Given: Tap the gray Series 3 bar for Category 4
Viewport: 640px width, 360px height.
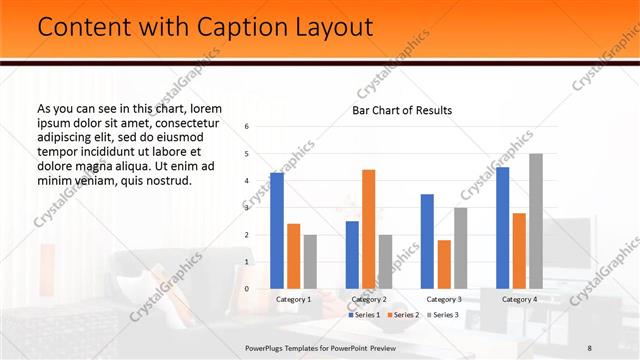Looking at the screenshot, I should (536, 221).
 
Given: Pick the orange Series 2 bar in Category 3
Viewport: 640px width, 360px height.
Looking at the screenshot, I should (444, 264).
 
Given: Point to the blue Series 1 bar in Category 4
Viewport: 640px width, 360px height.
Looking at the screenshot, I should (502, 228).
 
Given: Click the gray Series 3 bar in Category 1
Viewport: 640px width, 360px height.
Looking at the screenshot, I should (310, 262).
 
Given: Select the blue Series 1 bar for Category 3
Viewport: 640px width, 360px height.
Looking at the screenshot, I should (427, 241).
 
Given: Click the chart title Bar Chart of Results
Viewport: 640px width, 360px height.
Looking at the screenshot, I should (401, 110).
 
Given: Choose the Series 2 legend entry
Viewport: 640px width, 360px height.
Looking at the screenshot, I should (402, 315).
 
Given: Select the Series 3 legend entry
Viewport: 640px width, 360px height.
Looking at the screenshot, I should (442, 315).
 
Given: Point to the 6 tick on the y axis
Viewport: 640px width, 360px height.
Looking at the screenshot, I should (247, 127).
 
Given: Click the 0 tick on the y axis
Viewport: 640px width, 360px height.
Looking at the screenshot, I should (247, 289).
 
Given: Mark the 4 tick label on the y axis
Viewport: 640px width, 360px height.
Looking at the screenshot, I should (247, 181).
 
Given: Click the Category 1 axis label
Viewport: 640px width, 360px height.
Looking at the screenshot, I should (293, 299).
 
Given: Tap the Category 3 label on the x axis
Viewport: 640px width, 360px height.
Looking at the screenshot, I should (443, 299).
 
